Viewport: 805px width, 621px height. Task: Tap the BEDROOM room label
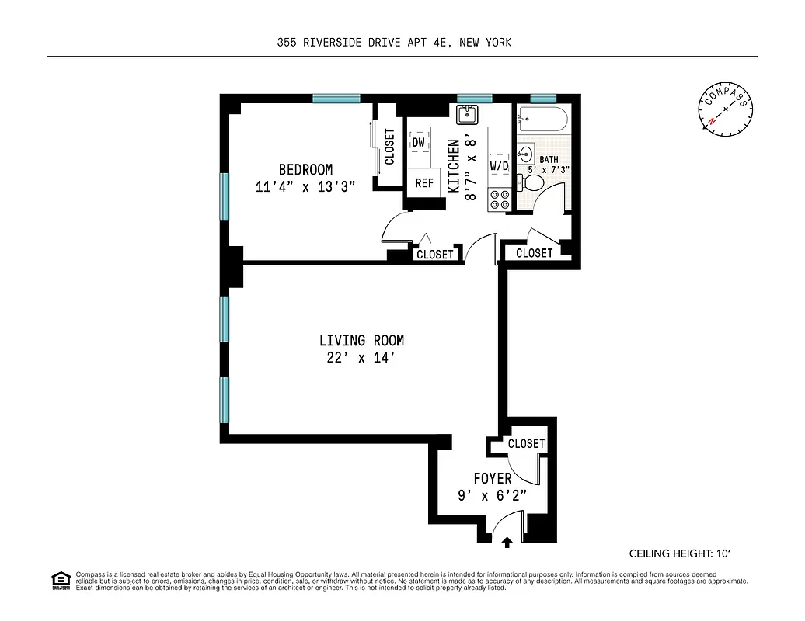tap(306, 170)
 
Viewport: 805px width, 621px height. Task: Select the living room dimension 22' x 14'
tap(361, 358)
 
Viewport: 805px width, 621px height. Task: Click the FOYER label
tap(493, 479)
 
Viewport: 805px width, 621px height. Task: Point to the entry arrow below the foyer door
tap(507, 543)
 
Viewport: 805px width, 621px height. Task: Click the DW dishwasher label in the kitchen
tap(419, 143)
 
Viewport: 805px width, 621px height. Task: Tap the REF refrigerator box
tap(424, 183)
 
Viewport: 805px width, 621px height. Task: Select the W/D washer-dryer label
tap(499, 165)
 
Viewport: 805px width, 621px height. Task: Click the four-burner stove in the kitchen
tap(499, 200)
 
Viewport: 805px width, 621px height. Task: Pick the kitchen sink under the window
tap(467, 116)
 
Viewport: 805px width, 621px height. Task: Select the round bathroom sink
tap(525, 153)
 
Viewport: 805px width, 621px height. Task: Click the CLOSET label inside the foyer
tap(526, 444)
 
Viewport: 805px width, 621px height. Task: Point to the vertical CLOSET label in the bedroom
tap(389, 147)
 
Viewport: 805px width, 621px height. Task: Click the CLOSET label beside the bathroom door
tap(535, 253)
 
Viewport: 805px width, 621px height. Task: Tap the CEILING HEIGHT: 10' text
tap(680, 553)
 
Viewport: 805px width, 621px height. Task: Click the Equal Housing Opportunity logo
tap(60, 580)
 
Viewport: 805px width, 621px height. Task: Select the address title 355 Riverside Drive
tap(394, 43)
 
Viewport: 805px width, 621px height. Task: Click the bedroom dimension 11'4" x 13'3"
tap(305, 186)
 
